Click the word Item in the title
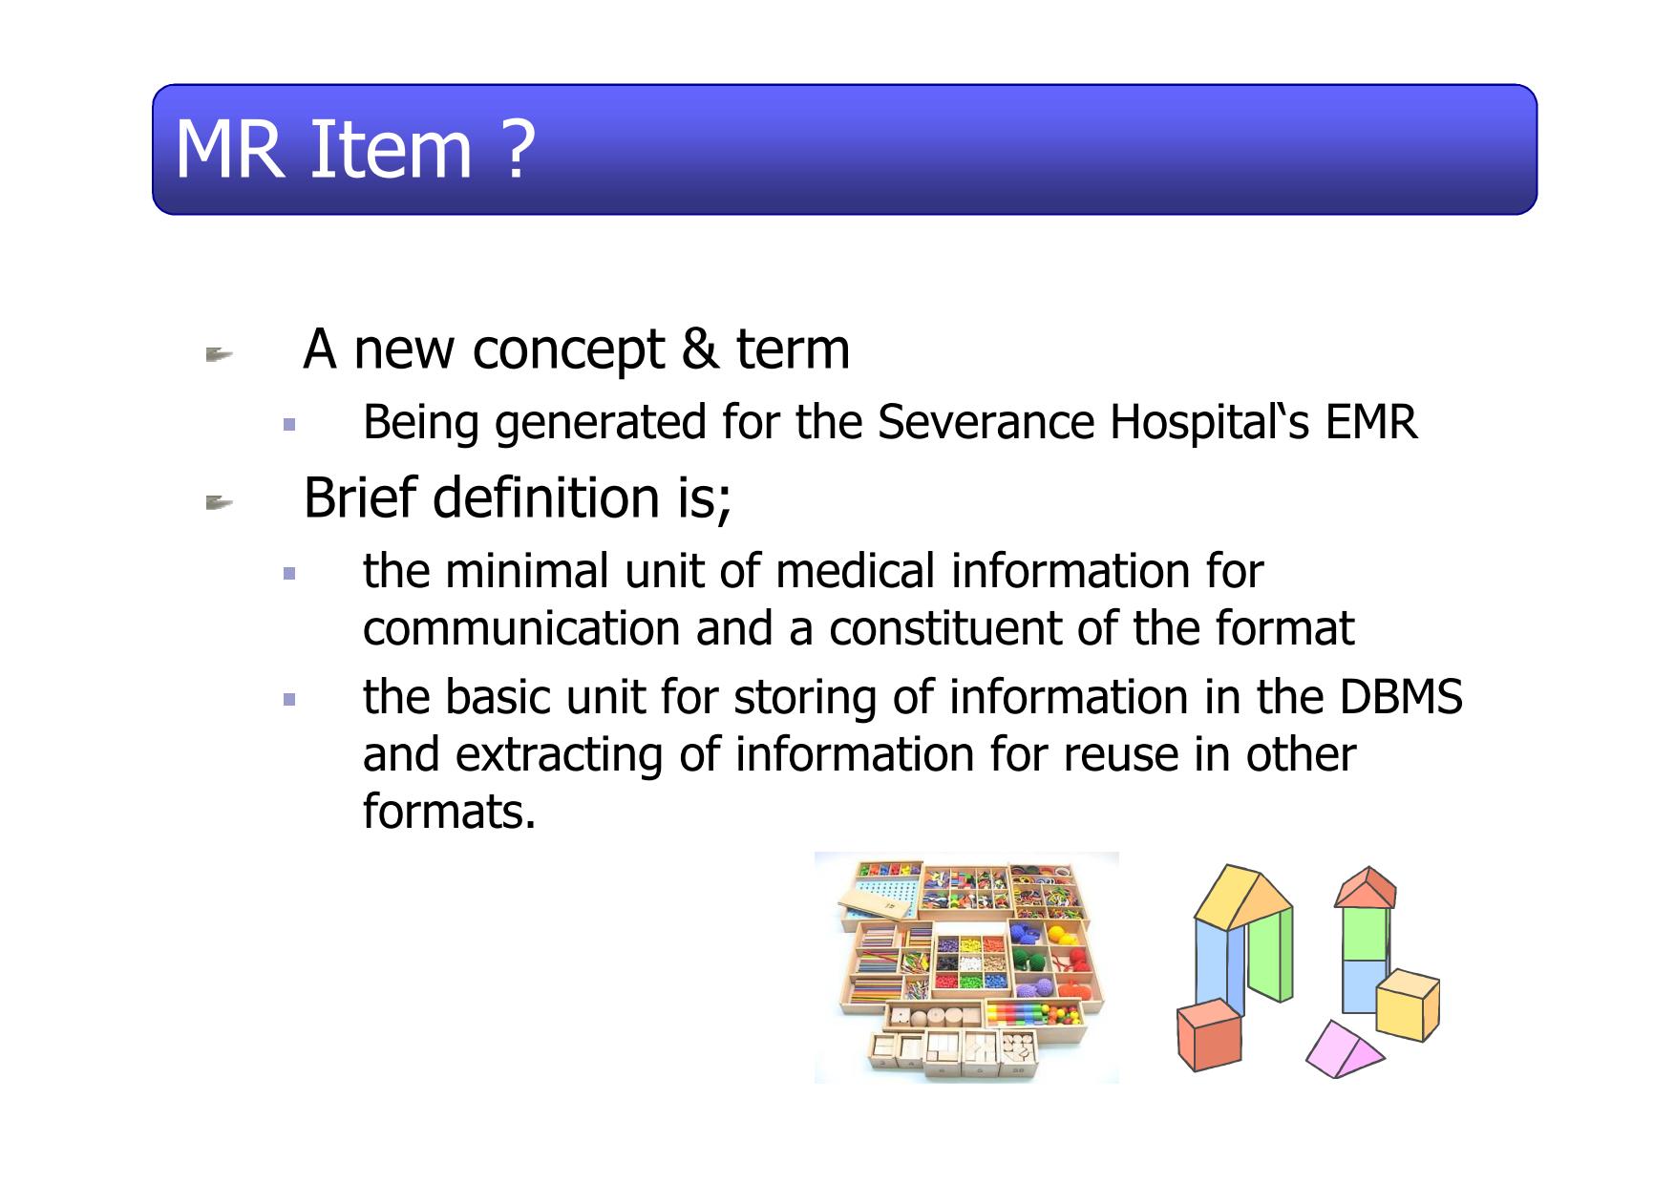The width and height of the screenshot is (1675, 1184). (391, 150)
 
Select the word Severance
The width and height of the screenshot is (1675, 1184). (986, 422)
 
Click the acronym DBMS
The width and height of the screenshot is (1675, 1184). (1401, 697)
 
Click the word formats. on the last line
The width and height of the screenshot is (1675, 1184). (450, 812)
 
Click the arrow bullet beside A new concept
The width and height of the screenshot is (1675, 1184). (219, 356)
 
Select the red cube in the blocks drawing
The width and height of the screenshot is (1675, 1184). (1209, 1035)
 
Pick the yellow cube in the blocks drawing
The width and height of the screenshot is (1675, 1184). (1409, 1004)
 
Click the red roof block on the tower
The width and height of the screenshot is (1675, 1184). (1366, 888)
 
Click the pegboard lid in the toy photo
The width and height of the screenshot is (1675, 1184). (877, 899)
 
